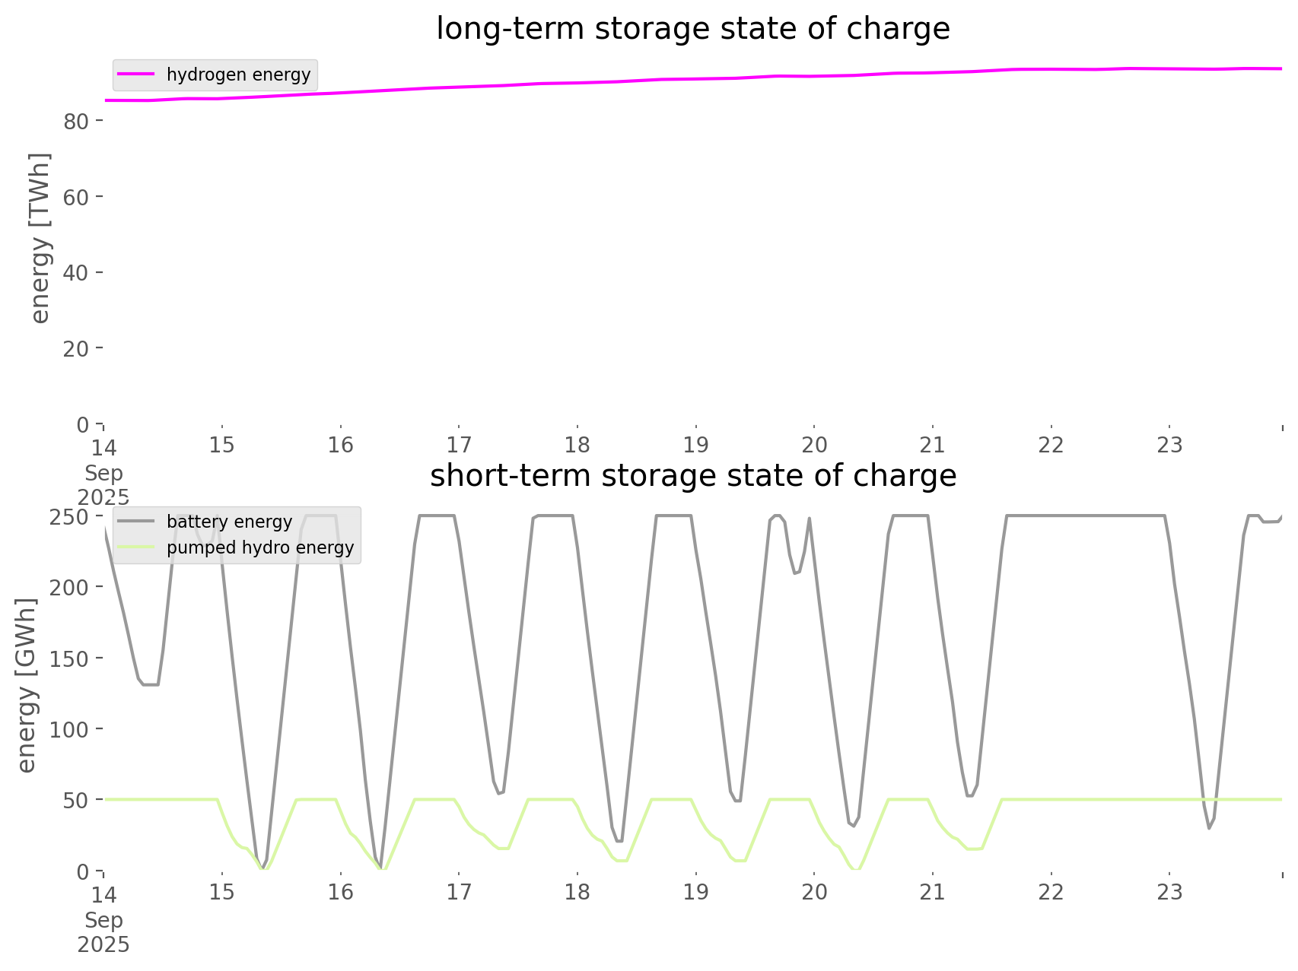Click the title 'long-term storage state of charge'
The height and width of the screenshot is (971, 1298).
click(x=692, y=29)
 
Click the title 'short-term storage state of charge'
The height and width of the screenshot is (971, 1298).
click(x=692, y=476)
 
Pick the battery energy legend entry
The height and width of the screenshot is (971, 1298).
click(x=229, y=522)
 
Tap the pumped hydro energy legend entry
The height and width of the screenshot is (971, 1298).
click(x=259, y=547)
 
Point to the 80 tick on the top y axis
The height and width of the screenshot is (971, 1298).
click(x=77, y=121)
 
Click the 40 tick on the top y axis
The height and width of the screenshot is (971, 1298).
click(x=77, y=272)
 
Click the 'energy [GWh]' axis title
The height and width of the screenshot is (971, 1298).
click(x=27, y=685)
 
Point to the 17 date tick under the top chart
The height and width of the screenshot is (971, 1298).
click(x=459, y=445)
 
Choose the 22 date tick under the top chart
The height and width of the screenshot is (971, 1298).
click(x=1051, y=445)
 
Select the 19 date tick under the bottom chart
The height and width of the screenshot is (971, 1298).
click(x=695, y=892)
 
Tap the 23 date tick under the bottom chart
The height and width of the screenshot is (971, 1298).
click(x=1169, y=892)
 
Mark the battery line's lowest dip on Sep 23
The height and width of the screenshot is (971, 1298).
click(x=1208, y=828)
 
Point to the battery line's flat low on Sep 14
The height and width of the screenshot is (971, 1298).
click(x=150, y=684)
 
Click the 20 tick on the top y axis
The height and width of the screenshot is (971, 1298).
click(x=77, y=348)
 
